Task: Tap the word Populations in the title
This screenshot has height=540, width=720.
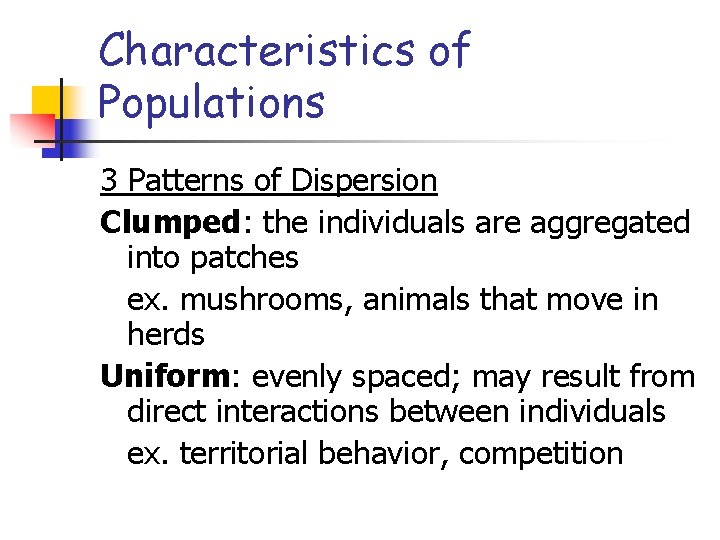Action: pos(212,102)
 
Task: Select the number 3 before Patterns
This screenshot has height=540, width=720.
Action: pos(109,181)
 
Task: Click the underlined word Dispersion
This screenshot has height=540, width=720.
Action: pos(364,181)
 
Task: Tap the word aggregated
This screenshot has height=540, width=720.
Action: pos(610,221)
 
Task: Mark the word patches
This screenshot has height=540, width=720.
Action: pos(243,258)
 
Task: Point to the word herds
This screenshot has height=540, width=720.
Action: pos(166,335)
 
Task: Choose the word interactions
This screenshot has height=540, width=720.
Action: pos(304,413)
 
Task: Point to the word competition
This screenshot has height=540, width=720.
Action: pos(541,453)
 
